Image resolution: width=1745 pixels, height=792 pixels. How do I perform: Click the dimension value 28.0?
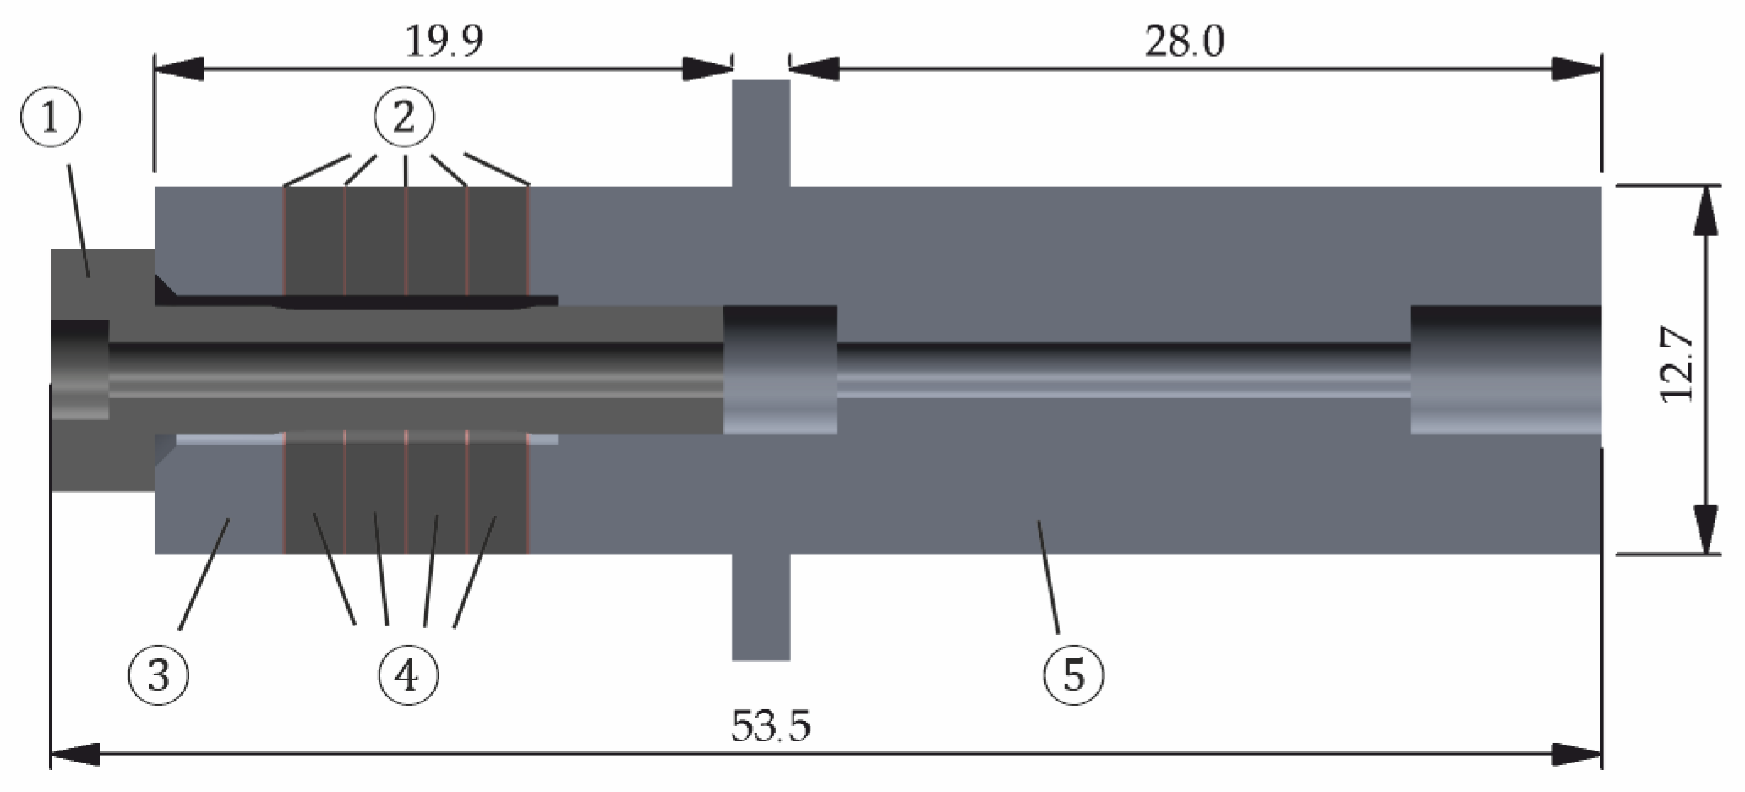[1184, 41]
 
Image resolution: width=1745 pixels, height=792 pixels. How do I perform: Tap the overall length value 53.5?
[771, 726]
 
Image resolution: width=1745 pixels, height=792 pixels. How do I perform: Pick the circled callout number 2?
[405, 118]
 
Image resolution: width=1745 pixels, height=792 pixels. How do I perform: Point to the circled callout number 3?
[158, 675]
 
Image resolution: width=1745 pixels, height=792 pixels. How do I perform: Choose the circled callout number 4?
[408, 675]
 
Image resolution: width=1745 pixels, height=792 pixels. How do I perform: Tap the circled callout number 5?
[1074, 675]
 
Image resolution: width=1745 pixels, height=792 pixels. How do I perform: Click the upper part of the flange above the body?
[761, 131]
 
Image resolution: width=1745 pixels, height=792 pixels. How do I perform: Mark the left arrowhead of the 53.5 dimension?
[74, 754]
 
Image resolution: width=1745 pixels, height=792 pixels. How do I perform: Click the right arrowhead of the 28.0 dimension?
[1577, 69]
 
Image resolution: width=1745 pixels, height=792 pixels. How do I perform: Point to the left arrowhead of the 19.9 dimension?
[179, 69]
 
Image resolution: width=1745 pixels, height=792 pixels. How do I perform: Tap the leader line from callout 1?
[79, 220]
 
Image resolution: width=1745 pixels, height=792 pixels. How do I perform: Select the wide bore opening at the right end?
[1506, 369]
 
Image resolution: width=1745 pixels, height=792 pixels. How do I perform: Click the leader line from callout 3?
[204, 575]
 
